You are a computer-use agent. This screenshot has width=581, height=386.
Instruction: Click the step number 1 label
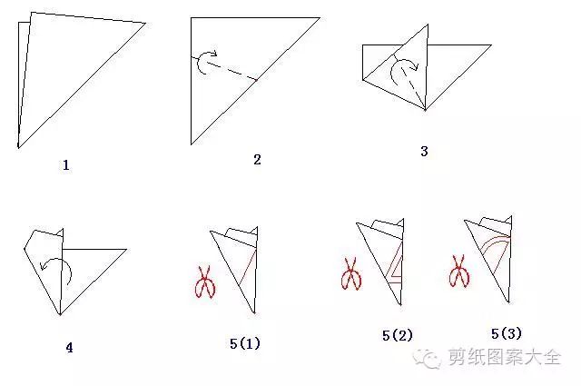point(66,165)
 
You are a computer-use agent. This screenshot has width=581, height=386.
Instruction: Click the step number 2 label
point(257,160)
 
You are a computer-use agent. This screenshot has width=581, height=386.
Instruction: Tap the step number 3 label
point(424,151)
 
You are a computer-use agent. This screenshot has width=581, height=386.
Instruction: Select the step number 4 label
point(69,348)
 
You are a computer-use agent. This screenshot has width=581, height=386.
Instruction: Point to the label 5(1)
point(245,343)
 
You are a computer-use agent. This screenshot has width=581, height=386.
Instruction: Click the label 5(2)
point(398,335)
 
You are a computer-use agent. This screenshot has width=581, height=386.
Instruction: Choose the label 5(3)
point(507,333)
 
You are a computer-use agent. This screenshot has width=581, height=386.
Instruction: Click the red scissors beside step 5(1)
point(205,282)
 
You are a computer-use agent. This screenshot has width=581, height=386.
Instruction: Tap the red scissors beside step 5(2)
point(351,273)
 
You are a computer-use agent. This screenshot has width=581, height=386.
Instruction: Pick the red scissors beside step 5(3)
point(459,271)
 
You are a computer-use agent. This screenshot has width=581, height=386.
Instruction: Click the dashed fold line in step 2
point(224,68)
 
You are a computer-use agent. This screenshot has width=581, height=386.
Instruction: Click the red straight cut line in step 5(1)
point(247,267)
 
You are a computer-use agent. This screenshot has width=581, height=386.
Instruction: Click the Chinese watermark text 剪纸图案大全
point(505,357)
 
